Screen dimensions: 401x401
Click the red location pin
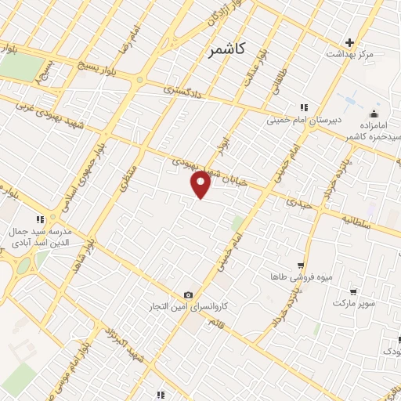coord(201,183)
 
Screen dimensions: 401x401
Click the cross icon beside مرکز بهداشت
coord(350,42)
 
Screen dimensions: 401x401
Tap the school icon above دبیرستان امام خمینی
coord(303,107)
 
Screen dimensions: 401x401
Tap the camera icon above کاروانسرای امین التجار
coord(188,294)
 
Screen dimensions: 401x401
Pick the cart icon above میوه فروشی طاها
coord(301,266)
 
